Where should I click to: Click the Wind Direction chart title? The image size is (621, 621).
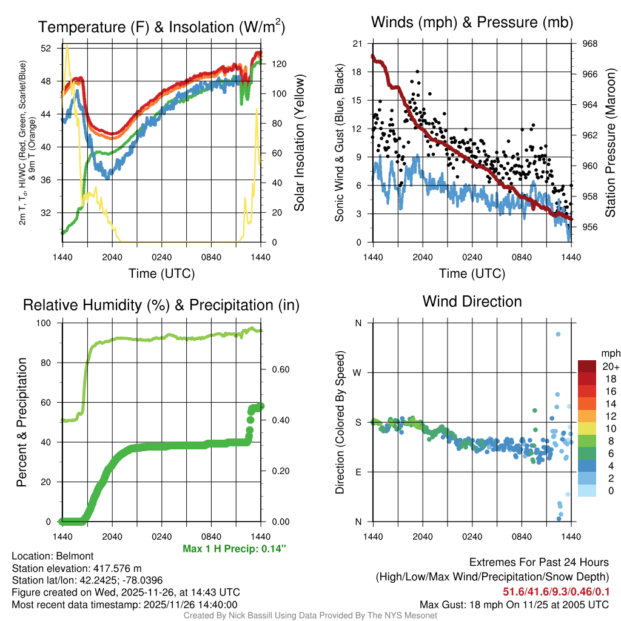pos(472,301)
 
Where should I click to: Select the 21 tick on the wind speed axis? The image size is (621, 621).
pos(357,44)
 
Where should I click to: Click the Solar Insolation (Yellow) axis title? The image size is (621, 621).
pos(299,143)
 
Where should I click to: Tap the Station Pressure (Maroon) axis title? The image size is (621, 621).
pos(610,143)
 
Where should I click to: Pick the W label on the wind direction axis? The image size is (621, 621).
pos(358,372)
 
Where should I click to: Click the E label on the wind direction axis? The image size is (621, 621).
pos(358,472)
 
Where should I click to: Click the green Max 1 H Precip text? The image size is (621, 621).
pos(234,549)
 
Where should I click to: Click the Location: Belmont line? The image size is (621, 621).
pos(52,556)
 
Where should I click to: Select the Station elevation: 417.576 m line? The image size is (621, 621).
pos(76,568)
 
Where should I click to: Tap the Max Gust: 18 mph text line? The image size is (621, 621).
pos(514,605)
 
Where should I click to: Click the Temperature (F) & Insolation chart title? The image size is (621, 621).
pos(161,27)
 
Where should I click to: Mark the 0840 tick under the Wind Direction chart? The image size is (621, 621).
pos(522,536)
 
